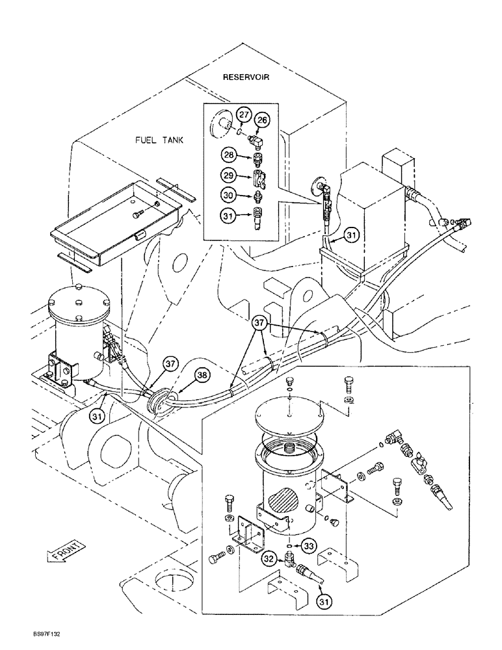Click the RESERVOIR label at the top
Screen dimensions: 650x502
coord(246,77)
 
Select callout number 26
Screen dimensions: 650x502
coord(261,120)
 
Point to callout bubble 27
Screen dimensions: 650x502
coord(243,116)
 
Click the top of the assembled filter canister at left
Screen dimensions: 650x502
coord(78,298)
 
